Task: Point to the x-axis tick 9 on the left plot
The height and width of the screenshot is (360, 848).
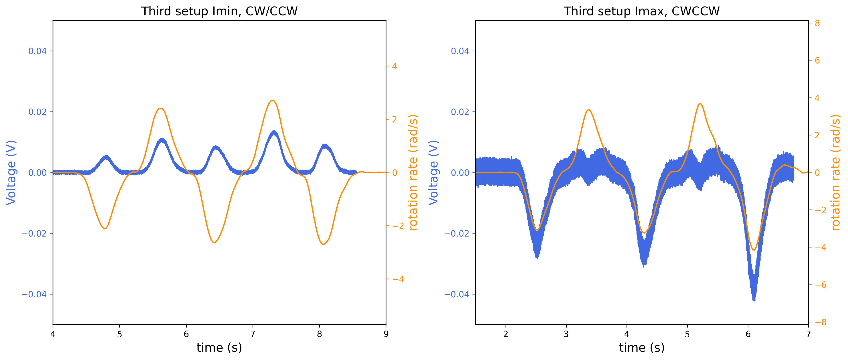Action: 386,334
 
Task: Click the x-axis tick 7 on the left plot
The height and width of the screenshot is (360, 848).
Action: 253,334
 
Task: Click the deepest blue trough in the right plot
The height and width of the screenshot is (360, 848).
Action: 754,300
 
